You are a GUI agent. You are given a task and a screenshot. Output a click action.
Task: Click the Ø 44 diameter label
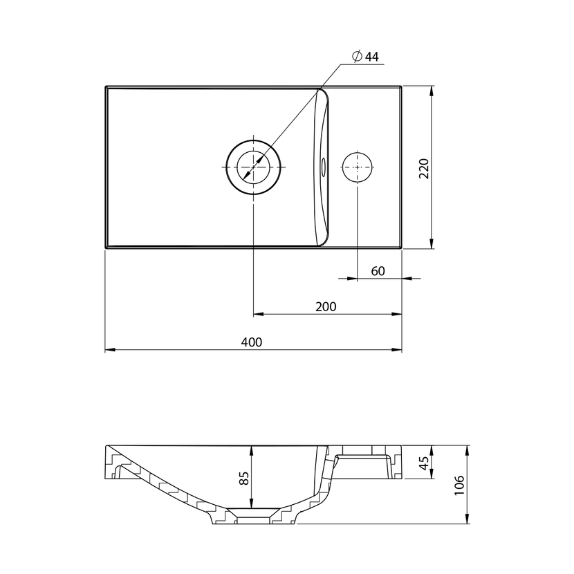[365, 57]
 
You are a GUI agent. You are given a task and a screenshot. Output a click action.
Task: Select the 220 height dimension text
[423, 168]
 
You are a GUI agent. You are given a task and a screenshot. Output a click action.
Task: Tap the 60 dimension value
[378, 271]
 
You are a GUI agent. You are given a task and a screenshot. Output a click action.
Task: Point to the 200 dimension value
[326, 306]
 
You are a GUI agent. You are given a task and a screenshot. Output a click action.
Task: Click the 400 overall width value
[252, 342]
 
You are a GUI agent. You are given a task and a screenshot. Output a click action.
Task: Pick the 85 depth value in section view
[244, 478]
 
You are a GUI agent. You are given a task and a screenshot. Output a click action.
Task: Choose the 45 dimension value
[423, 463]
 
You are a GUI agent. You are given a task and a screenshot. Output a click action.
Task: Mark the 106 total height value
[459, 485]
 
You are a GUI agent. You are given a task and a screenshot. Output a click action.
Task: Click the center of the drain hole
[253, 167]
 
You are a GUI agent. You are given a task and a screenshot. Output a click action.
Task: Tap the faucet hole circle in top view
[358, 167]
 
